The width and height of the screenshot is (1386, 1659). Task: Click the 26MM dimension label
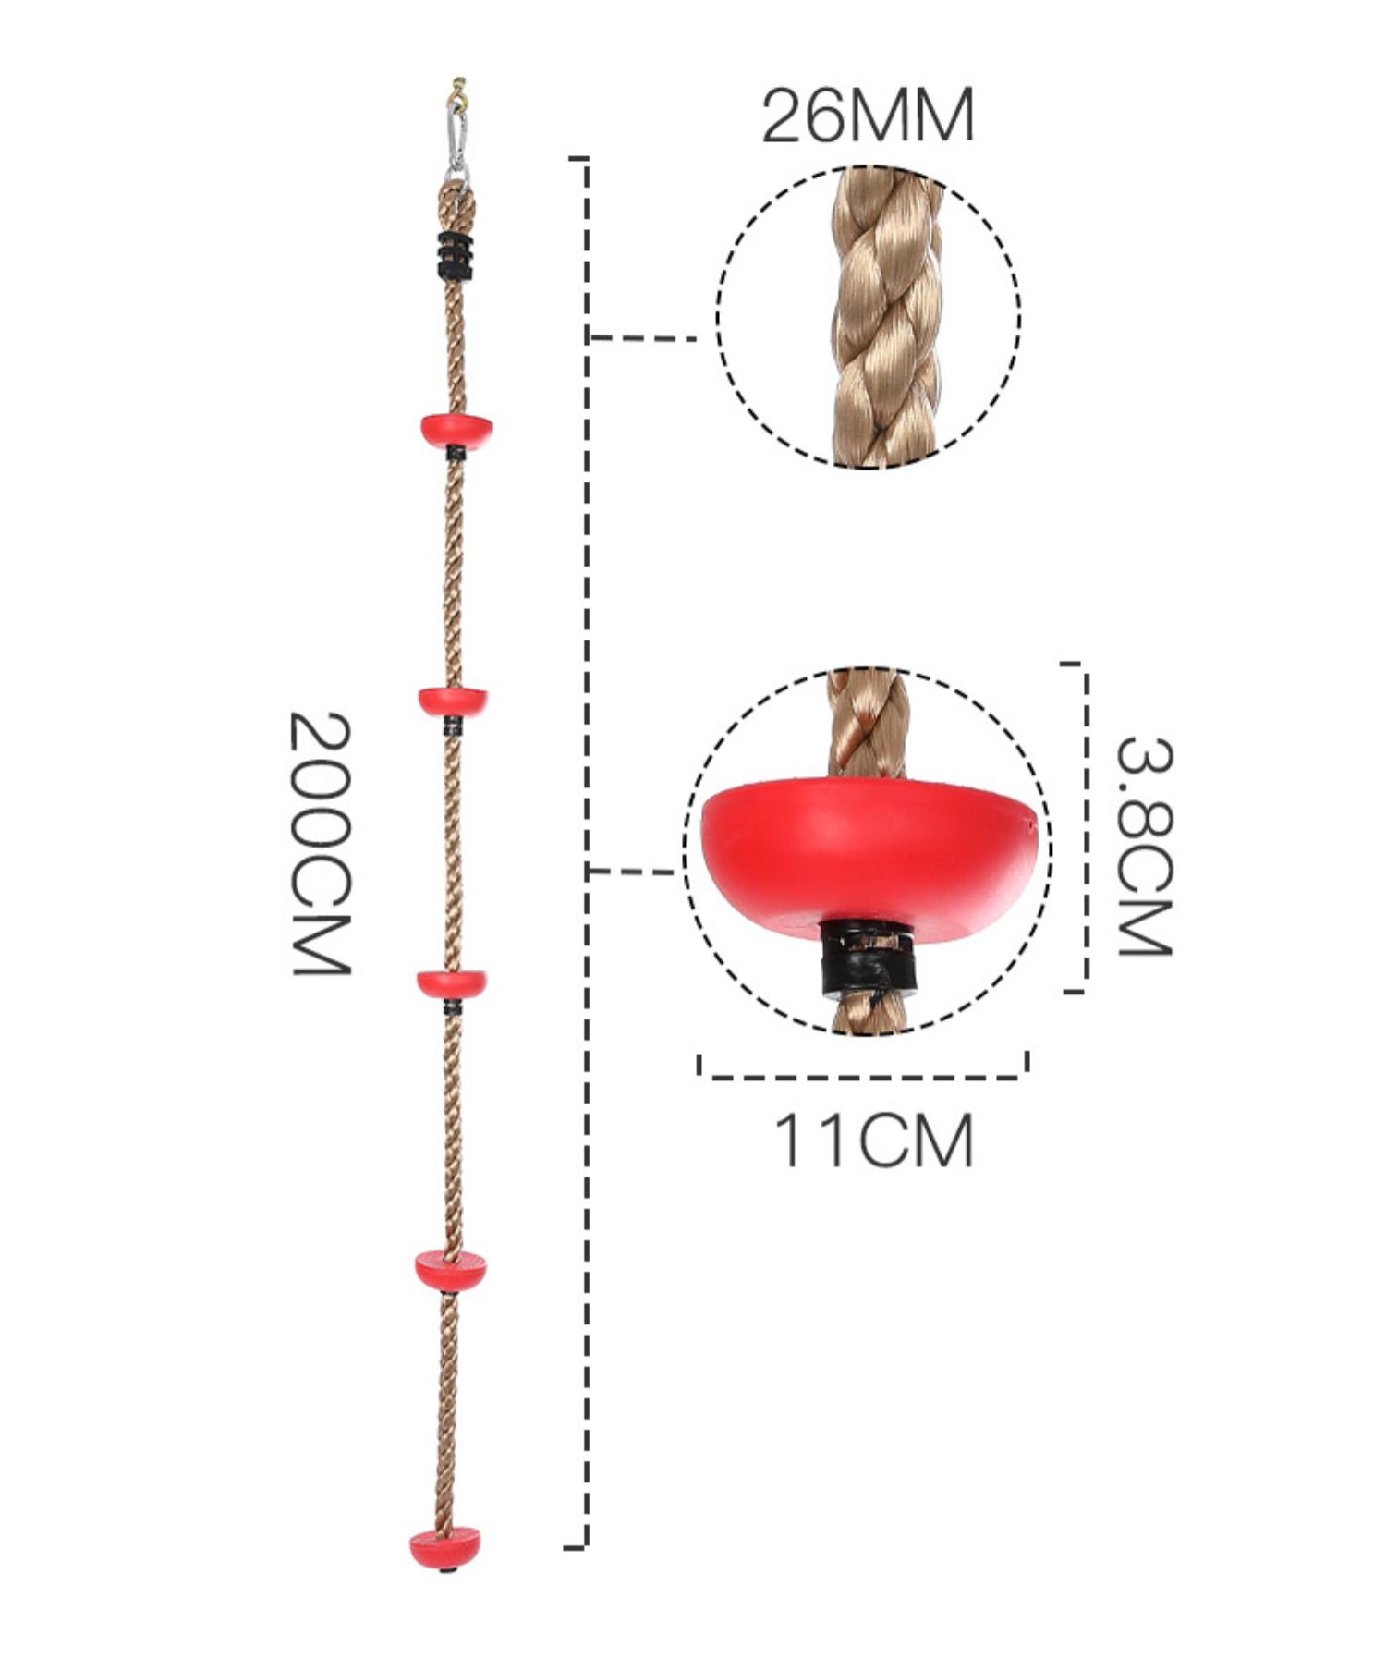(867, 116)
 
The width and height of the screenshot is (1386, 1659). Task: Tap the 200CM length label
(320, 842)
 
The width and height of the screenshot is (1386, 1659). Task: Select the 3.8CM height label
(1144, 846)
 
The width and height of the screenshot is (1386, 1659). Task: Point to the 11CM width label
(873, 1141)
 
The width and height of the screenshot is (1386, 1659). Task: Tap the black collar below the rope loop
(455, 255)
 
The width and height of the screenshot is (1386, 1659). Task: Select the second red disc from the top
(453, 701)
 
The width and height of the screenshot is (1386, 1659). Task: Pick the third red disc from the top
(452, 983)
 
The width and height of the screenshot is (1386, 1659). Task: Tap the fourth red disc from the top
(450, 1270)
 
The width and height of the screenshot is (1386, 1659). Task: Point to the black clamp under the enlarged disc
(867, 961)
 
